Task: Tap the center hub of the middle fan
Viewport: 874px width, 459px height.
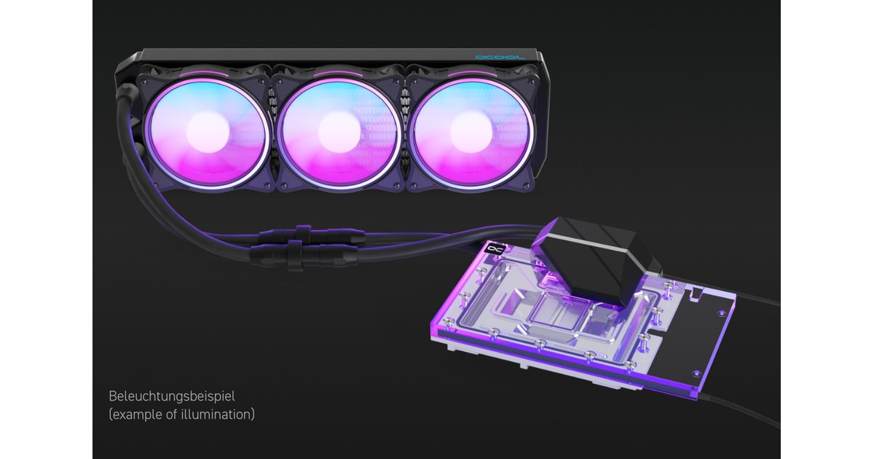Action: pos(339,133)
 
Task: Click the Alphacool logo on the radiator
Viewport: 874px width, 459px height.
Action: pos(500,58)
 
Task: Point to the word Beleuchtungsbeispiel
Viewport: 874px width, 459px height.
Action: pos(172,396)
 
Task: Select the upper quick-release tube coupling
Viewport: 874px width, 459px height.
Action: pos(312,235)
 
